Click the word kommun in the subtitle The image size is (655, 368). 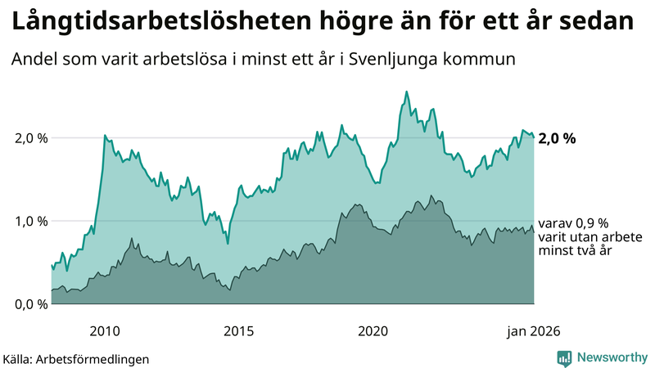[484, 61]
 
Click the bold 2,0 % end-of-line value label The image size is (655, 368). [558, 138]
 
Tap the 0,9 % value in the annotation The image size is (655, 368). [592, 223]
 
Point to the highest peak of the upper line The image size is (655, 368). [407, 92]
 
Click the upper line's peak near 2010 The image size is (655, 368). [105, 135]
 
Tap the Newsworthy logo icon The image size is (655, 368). [564, 357]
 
